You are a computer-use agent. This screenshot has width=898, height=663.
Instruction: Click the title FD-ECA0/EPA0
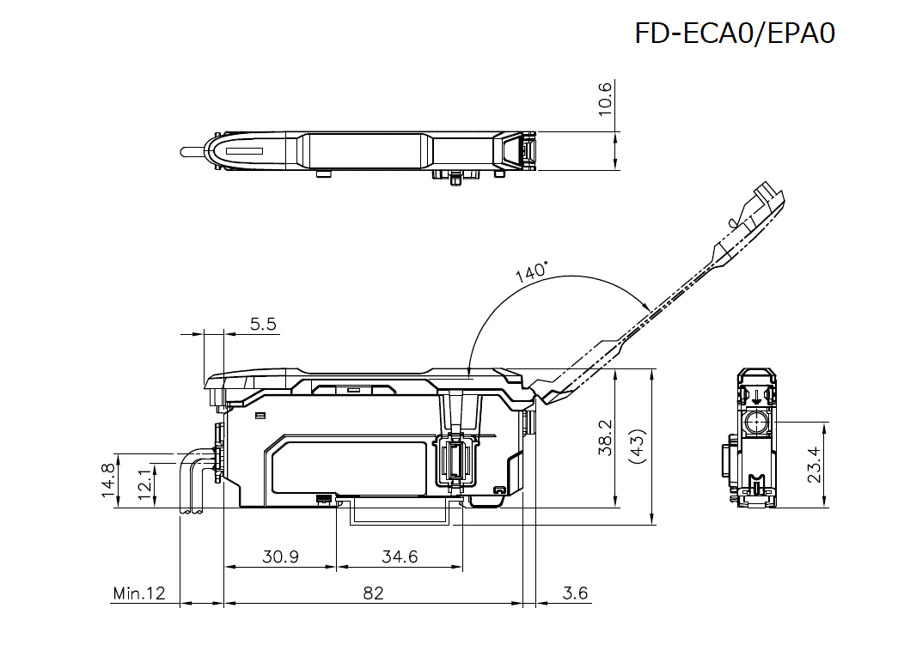click(735, 33)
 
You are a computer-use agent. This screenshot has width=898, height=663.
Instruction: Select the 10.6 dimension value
click(605, 99)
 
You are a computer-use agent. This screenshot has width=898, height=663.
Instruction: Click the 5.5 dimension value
click(263, 324)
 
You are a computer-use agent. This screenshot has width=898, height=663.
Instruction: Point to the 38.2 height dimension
click(605, 438)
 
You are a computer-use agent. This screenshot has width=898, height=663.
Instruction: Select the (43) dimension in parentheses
click(637, 447)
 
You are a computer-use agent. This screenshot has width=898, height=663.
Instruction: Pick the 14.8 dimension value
click(107, 480)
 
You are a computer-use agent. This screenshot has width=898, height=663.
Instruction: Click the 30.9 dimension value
click(280, 557)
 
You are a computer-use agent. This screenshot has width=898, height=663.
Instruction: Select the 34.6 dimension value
click(400, 557)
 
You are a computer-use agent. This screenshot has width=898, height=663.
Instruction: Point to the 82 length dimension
click(373, 593)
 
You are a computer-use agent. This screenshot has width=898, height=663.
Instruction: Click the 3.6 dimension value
click(575, 593)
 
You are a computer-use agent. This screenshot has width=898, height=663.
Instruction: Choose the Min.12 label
click(138, 593)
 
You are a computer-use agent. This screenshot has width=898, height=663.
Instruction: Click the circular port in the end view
click(755, 423)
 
